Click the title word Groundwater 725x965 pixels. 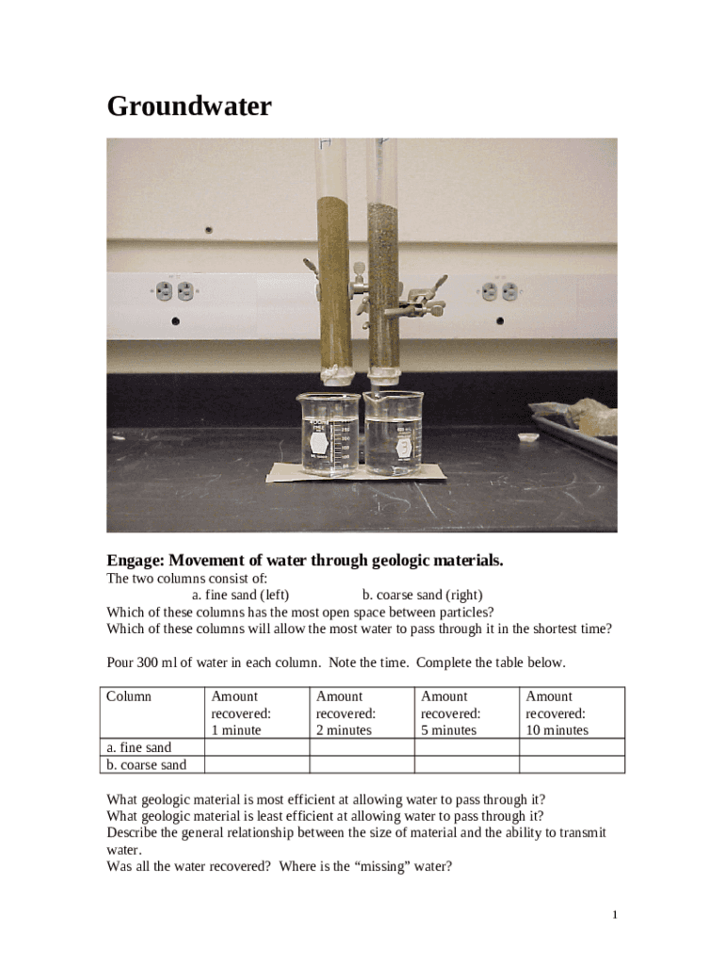click(189, 106)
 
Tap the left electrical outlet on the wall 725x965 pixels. click(174, 291)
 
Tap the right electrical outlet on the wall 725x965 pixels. click(499, 291)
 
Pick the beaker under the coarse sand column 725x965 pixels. click(393, 433)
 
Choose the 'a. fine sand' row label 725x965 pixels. click(139, 747)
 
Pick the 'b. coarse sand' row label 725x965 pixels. click(146, 764)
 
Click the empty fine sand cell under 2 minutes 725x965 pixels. click(362, 747)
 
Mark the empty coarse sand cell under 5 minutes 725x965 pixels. click(467, 764)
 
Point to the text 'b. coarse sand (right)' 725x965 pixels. click(423, 595)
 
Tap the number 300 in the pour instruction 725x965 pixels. click(147, 662)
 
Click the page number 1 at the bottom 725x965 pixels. click(615, 914)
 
